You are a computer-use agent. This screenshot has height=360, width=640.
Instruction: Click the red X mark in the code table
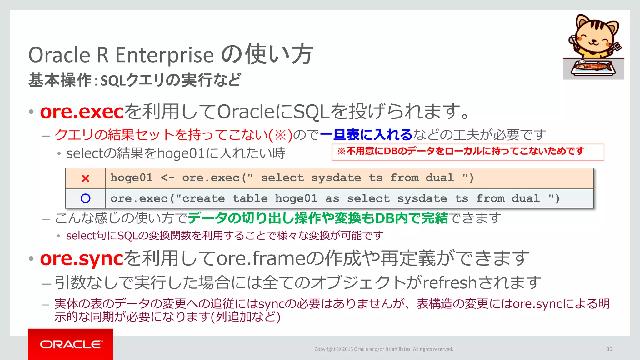click(x=85, y=178)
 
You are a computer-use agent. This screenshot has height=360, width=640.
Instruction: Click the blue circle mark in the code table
click(x=85, y=198)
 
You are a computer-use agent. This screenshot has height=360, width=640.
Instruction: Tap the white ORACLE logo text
click(x=71, y=344)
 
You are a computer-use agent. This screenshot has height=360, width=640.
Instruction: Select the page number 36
click(x=609, y=349)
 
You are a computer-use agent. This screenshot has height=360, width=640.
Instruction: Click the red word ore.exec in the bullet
click(x=82, y=112)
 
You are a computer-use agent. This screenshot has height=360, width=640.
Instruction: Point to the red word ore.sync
click(x=82, y=259)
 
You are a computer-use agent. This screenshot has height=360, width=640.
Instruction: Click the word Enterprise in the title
click(x=165, y=55)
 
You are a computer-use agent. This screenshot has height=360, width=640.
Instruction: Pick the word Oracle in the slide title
click(x=59, y=55)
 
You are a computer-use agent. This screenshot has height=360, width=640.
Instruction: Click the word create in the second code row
click(x=203, y=198)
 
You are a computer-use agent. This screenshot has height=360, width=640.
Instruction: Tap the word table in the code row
click(x=250, y=198)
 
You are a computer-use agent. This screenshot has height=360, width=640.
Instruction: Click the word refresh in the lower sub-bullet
click(x=449, y=282)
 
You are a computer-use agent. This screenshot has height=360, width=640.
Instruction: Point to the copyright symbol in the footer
click(x=339, y=349)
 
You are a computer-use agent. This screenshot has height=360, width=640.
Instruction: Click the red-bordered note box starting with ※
click(x=467, y=152)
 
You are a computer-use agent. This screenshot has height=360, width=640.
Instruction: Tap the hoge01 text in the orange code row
click(x=132, y=178)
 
